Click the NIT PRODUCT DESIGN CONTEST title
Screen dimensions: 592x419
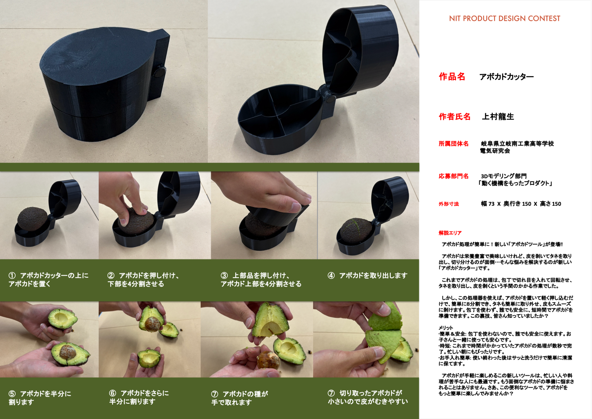pyautogui.click(x=504, y=19)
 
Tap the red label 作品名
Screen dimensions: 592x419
pyautogui.click(x=452, y=77)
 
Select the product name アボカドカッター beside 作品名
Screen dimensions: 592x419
pyautogui.click(x=506, y=77)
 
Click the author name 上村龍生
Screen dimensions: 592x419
pyautogui.click(x=498, y=117)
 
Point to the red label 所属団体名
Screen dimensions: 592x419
pyautogui.click(x=454, y=144)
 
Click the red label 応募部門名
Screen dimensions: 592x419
pyautogui.click(x=454, y=176)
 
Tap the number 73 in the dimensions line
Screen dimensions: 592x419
pyautogui.click(x=492, y=204)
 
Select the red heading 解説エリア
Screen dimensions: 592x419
pyautogui.click(x=450, y=233)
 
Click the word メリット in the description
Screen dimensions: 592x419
pyautogui.click(x=446, y=328)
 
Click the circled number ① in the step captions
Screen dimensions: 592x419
pyautogui.click(x=12, y=276)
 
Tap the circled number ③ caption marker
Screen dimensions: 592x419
pyautogui.click(x=224, y=276)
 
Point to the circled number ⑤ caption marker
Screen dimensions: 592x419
pyautogui.click(x=12, y=394)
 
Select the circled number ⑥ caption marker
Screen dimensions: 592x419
pyautogui.click(x=112, y=393)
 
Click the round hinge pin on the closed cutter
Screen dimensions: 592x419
pyautogui.click(x=160, y=72)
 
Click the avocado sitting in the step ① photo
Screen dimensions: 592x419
pyautogui.click(x=32, y=219)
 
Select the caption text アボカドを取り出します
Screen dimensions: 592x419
pyautogui.click(x=373, y=276)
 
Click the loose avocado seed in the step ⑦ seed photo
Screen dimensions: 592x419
pyautogui.click(x=268, y=360)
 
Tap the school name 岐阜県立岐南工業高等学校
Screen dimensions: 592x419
pyautogui.click(x=517, y=144)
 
